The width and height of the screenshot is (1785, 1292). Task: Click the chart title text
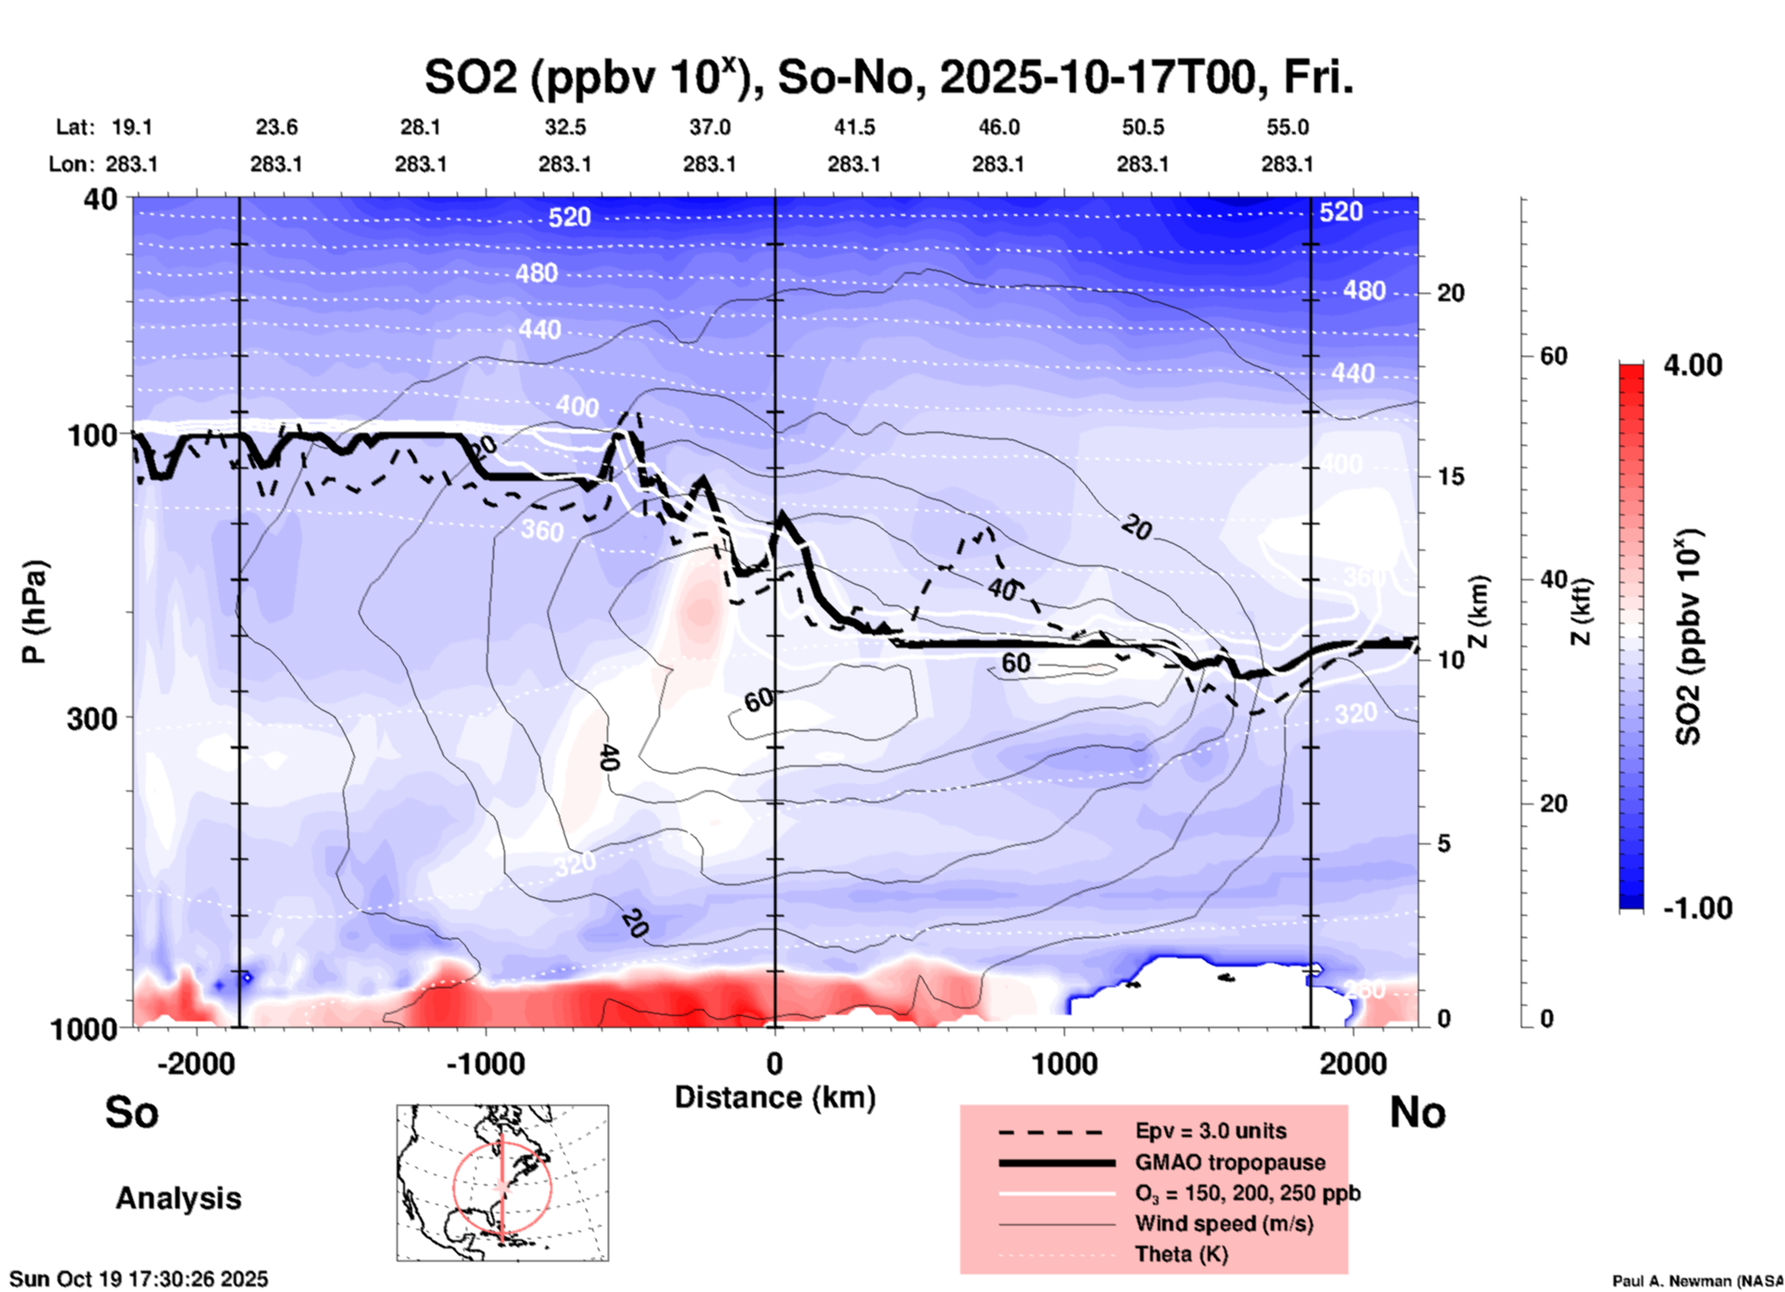point(888,78)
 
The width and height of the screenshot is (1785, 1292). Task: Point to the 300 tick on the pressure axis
point(93,718)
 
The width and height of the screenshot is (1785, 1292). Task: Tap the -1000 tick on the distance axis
point(486,1064)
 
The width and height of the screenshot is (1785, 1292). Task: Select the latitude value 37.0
point(709,127)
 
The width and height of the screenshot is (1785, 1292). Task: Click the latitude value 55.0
point(1286,127)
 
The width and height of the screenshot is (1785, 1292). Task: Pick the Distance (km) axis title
point(775,1097)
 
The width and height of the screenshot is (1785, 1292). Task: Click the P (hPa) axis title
point(34,612)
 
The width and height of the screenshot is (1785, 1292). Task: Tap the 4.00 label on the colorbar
point(1692,365)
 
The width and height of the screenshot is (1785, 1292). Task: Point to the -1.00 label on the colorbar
point(1697,908)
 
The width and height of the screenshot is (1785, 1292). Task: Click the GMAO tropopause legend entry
point(1230,1162)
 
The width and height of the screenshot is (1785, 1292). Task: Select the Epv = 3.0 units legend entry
point(1210,1131)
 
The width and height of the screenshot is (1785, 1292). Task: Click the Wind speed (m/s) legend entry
point(1223,1223)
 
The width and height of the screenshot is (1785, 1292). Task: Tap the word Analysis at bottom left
point(178,1198)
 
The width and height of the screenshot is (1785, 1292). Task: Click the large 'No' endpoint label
point(1417,1112)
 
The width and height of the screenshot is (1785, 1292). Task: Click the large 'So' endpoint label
point(132,1112)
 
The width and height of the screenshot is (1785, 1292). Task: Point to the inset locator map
point(502,1183)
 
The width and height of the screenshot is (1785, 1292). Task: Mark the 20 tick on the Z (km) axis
point(1450,293)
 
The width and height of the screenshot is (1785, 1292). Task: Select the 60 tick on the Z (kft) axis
point(1553,356)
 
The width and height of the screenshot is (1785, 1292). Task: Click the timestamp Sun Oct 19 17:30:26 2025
point(139,1279)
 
